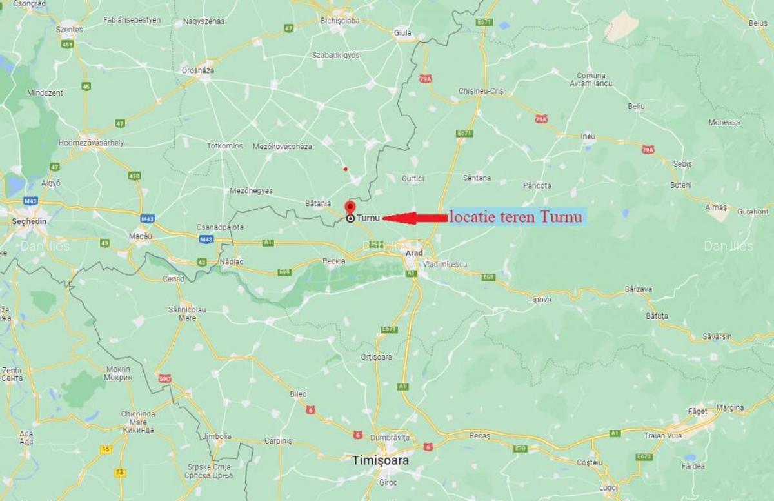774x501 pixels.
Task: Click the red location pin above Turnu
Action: tap(350, 207)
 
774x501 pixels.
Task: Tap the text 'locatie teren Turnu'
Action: tap(515, 218)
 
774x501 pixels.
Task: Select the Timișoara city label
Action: tap(381, 460)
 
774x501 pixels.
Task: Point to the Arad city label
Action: tap(414, 253)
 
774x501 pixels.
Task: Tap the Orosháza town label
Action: tap(197, 70)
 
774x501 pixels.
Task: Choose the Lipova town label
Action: tap(540, 300)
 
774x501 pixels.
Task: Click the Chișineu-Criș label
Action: tap(480, 91)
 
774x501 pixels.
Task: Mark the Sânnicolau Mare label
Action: tap(186, 314)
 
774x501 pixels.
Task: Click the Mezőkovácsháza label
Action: tap(283, 147)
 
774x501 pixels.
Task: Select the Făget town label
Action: tap(697, 411)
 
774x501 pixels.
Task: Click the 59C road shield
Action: tap(164, 379)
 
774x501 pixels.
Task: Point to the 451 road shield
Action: tap(68, 45)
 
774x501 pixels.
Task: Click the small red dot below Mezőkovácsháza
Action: tap(346, 169)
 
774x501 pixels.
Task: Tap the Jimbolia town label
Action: tap(217, 436)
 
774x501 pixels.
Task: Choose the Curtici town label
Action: tap(413, 178)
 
